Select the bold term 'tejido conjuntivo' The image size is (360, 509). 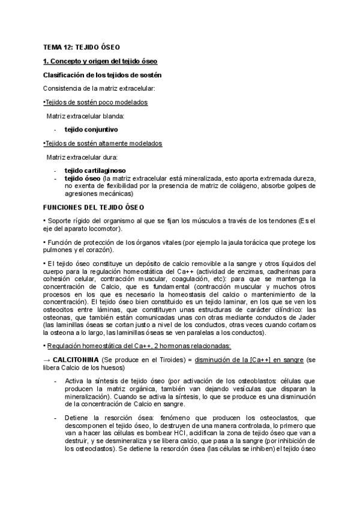(x=91, y=129)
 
